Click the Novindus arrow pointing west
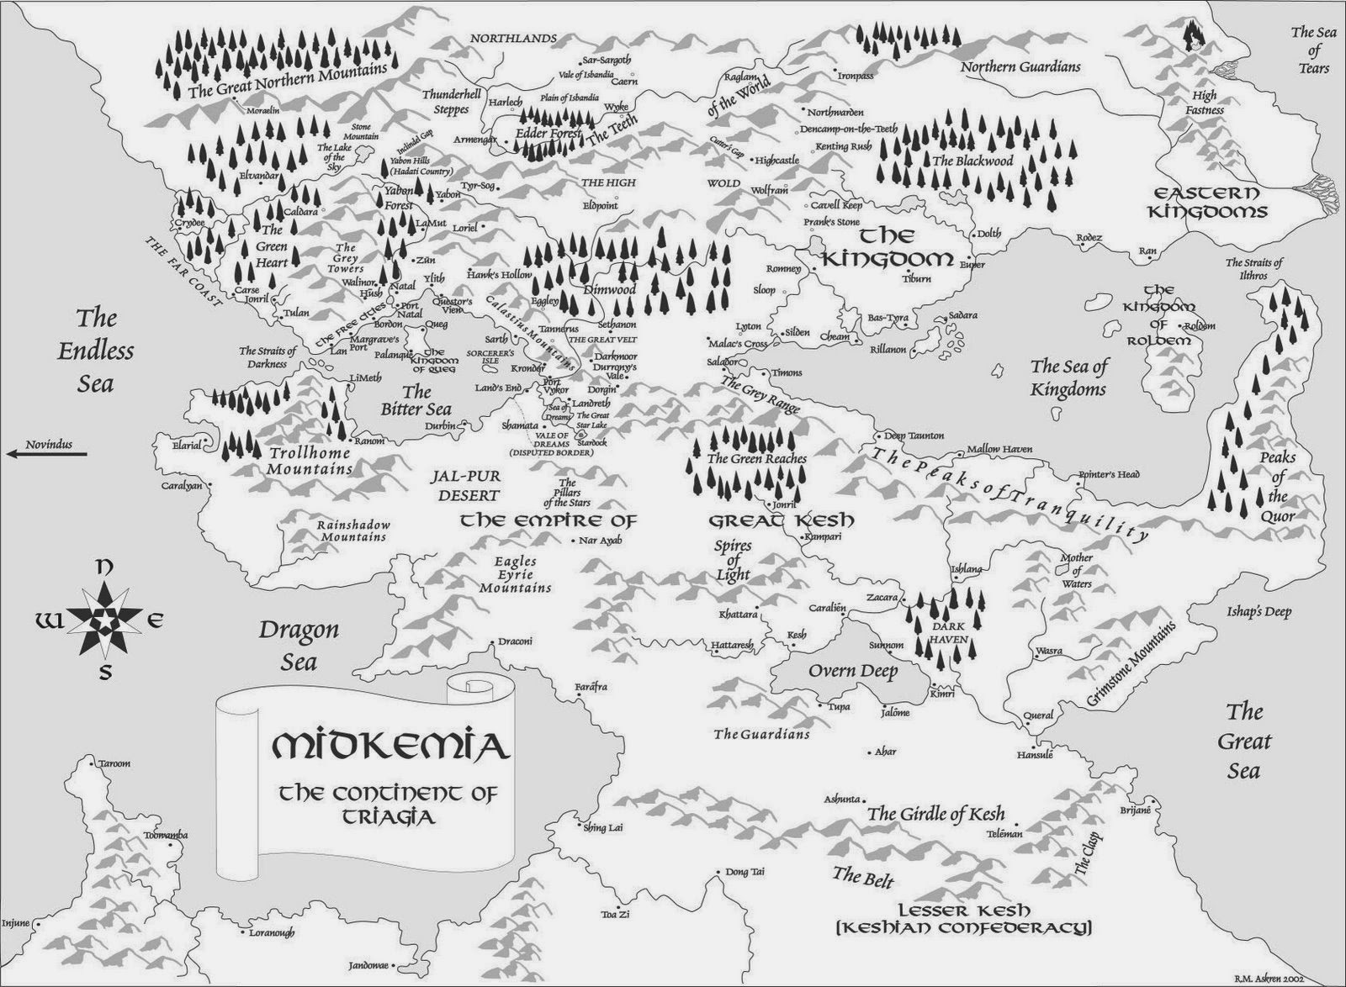point(45,454)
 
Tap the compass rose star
point(103,621)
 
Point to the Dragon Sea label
point(299,645)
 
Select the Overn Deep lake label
point(853,671)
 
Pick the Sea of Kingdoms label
point(1068,377)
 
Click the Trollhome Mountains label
point(309,460)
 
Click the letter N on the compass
point(103,568)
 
